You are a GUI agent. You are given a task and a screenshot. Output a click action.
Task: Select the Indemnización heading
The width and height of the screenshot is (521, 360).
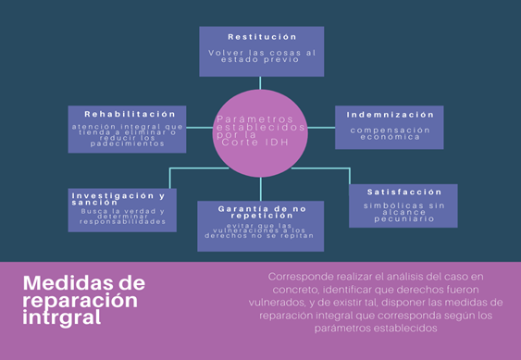click(389, 115)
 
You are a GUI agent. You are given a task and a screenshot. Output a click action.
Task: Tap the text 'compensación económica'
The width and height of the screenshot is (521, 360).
click(390, 134)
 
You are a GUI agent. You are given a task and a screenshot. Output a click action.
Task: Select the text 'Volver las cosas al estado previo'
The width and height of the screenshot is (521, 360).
click(261, 57)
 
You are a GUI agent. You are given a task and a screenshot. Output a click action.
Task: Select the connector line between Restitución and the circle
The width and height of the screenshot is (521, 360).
click(260, 83)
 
